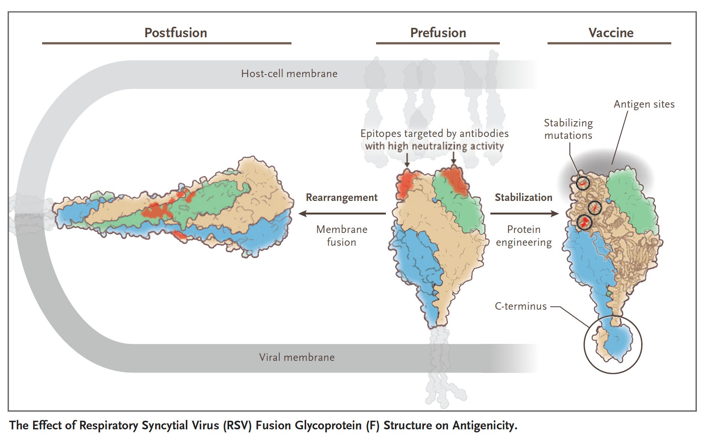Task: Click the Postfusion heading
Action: tap(176, 33)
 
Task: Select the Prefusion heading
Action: tap(438, 33)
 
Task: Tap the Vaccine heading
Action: tap(610, 33)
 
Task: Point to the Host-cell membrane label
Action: tap(289, 73)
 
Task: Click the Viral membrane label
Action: tap(296, 357)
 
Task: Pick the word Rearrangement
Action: tap(341, 198)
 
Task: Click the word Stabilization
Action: tap(523, 198)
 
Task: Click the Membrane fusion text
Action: tap(341, 236)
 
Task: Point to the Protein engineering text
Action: tap(523, 236)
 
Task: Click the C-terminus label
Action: tap(520, 306)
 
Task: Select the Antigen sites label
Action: tap(644, 104)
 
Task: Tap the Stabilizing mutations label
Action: tap(568, 129)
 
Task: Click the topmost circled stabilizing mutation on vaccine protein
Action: tap(583, 183)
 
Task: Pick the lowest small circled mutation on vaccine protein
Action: tap(584, 222)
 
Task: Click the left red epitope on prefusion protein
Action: tap(405, 184)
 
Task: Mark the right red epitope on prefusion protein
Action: tap(455, 181)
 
